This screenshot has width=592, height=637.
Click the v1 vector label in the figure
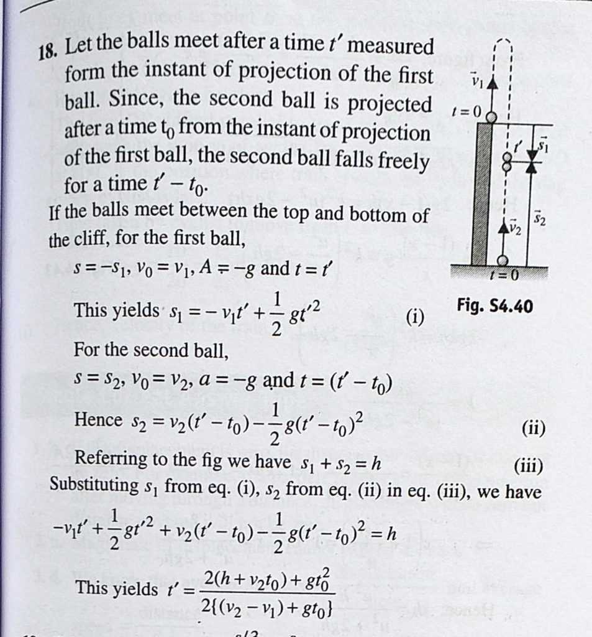[476, 80]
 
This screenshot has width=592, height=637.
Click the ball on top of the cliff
[491, 116]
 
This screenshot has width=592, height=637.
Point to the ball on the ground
[502, 260]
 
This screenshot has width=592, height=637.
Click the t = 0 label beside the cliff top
[466, 113]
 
